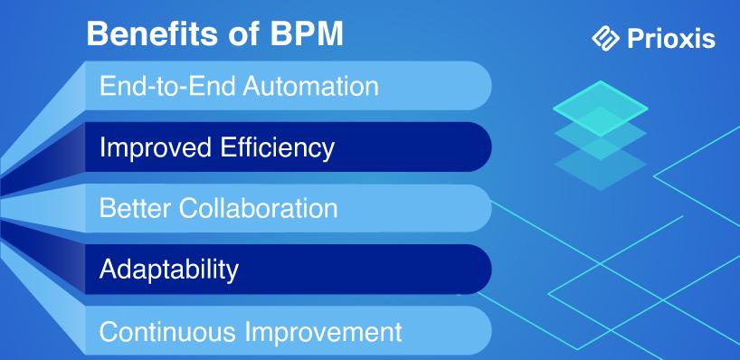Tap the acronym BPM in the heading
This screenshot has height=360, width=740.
[308, 34]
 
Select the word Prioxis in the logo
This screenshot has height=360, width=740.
[671, 38]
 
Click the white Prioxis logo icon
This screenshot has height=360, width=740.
[605, 38]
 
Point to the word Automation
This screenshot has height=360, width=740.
[310, 86]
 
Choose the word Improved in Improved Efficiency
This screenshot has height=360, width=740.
[156, 147]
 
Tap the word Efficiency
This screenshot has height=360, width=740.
[278, 147]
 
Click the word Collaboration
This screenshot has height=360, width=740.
[259, 208]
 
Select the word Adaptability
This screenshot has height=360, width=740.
[169, 270]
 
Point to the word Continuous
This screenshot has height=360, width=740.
[168, 332]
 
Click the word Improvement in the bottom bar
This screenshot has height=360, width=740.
[323, 332]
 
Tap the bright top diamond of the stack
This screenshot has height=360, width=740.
[601, 109]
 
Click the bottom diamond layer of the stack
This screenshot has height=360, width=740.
[601, 166]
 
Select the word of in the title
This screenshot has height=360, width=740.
[242, 34]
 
